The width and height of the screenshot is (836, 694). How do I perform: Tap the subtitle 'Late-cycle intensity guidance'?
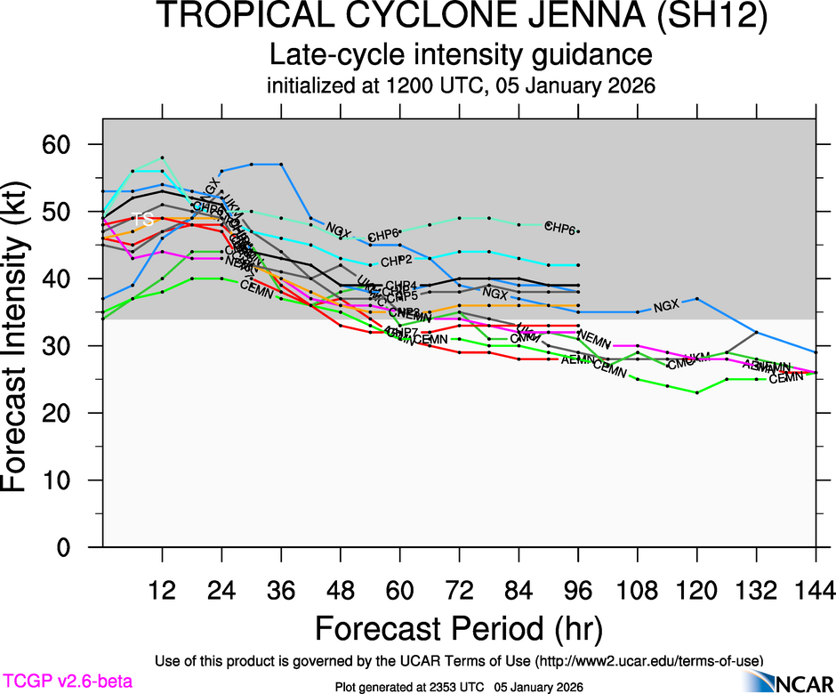pyautogui.click(x=461, y=55)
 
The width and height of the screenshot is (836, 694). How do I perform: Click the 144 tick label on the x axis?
pyautogui.click(x=816, y=589)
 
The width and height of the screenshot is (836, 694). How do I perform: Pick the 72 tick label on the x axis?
pyautogui.click(x=459, y=589)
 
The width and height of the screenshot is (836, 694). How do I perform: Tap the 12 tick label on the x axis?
pyautogui.click(x=162, y=589)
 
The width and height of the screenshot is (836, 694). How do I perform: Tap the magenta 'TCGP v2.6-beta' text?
pyautogui.click(x=67, y=682)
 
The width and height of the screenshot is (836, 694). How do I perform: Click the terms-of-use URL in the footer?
pyautogui.click(x=652, y=660)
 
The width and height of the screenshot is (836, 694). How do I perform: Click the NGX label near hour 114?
pyautogui.click(x=665, y=306)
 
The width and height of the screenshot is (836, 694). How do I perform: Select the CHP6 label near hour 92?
pyautogui.click(x=560, y=228)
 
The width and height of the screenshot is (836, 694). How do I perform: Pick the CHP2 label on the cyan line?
pyautogui.click(x=397, y=262)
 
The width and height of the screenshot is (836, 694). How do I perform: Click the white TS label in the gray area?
pyautogui.click(x=142, y=219)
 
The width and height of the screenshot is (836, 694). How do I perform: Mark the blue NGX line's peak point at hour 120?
pyautogui.click(x=697, y=299)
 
